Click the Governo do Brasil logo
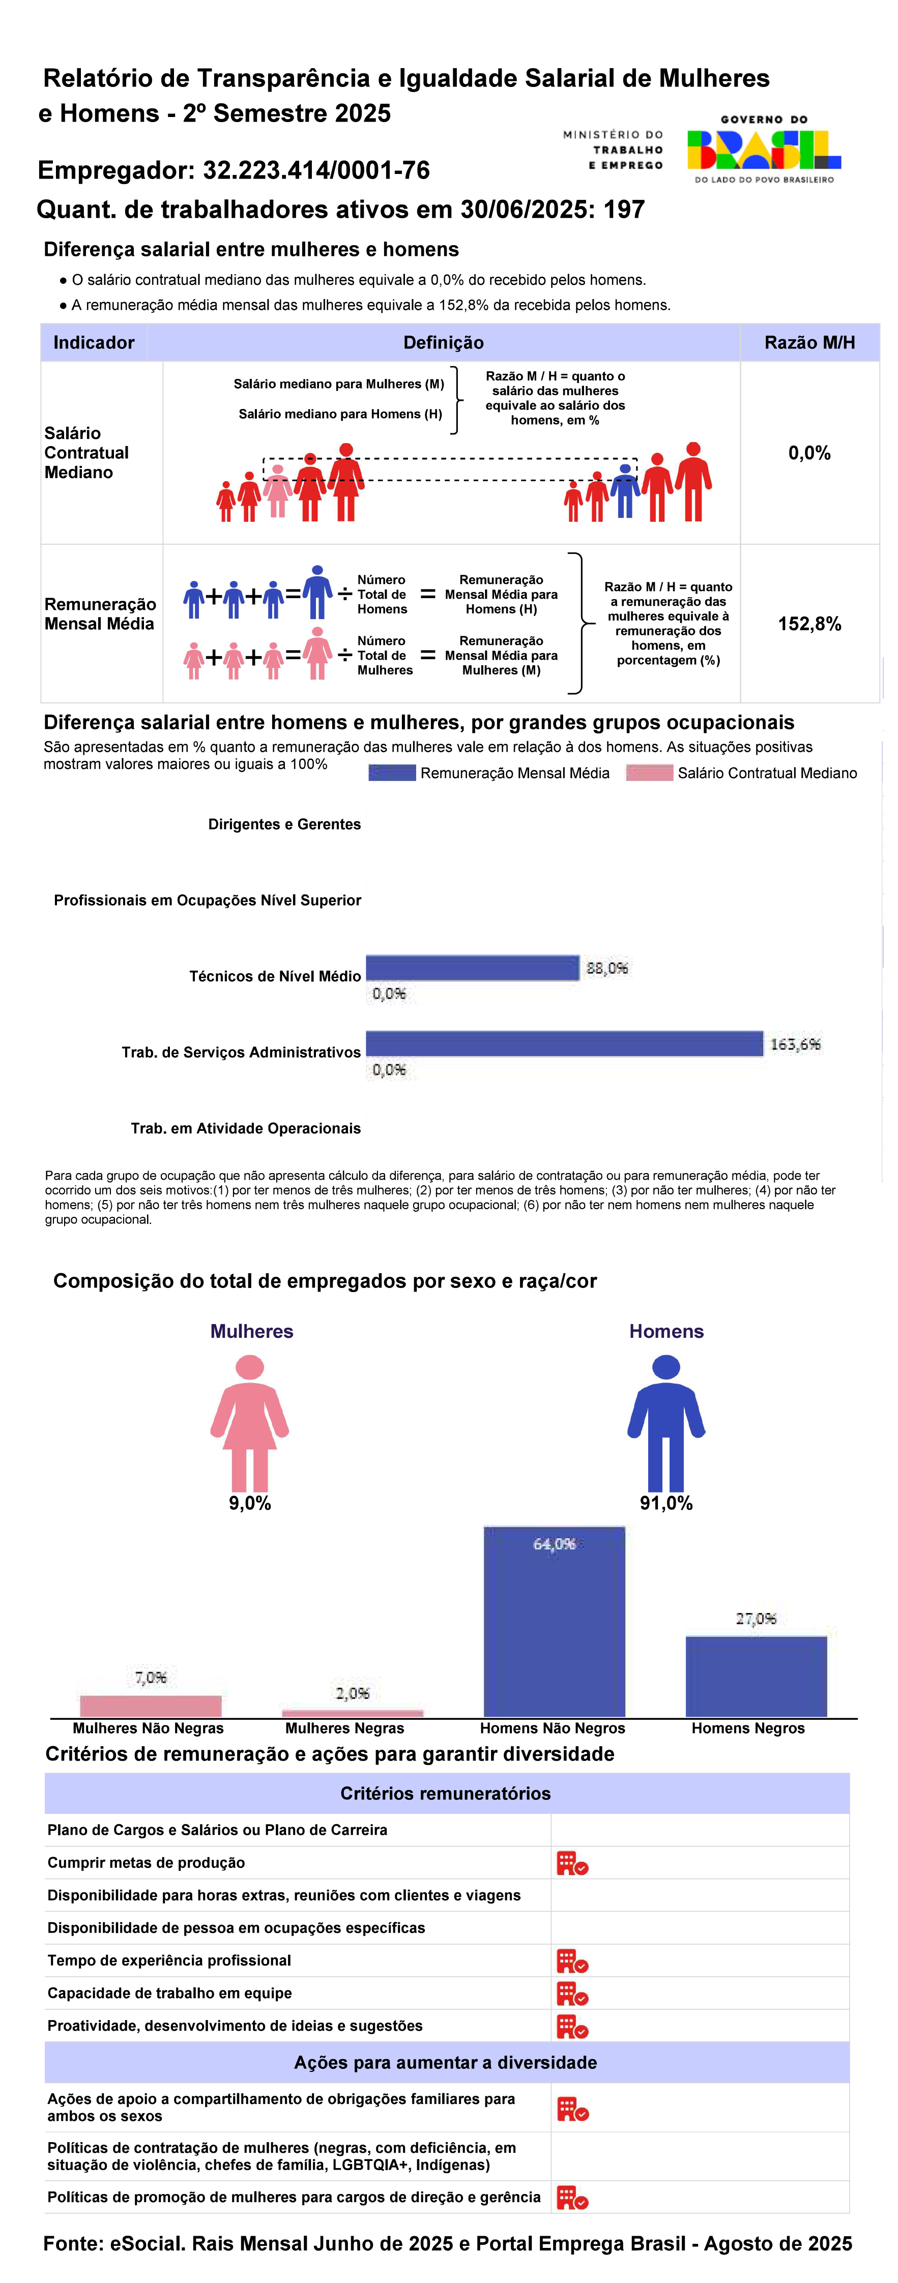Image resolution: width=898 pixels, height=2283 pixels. pyautogui.click(x=763, y=149)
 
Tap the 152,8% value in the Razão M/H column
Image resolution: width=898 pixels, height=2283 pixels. pyautogui.click(x=809, y=624)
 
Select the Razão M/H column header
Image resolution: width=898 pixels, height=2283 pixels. pyautogui.click(x=809, y=343)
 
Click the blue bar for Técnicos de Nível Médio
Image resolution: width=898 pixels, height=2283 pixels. pyautogui.click(x=473, y=968)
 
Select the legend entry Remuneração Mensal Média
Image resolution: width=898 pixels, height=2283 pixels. pyautogui.click(x=489, y=773)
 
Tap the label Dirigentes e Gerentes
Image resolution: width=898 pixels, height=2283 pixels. pyautogui.click(x=284, y=824)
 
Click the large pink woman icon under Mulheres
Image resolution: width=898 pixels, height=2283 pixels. pyautogui.click(x=250, y=1422)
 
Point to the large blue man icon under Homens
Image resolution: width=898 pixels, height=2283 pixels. pyautogui.click(x=666, y=1422)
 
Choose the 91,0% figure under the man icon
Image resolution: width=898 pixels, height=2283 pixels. pyautogui.click(x=666, y=1503)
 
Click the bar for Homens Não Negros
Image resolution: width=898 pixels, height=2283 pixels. pyautogui.click(x=554, y=1621)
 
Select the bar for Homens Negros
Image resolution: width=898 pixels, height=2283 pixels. pyautogui.click(x=756, y=1676)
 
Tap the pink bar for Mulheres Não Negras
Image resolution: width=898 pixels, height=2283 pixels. pyautogui.click(x=151, y=1706)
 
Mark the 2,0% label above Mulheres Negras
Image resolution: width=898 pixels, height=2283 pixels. pyautogui.click(x=352, y=1693)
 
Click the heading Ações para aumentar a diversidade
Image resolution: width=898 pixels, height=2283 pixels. pyautogui.click(x=446, y=2062)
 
